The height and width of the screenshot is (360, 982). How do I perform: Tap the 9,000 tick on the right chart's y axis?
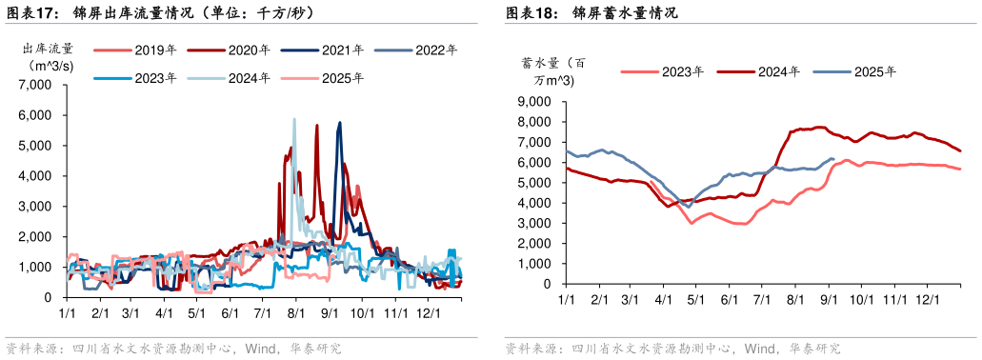[533, 102]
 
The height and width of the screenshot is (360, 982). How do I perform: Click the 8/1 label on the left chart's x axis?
[295, 312]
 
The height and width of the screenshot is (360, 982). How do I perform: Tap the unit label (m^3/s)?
[46, 65]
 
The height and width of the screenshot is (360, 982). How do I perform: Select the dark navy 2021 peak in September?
[338, 123]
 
